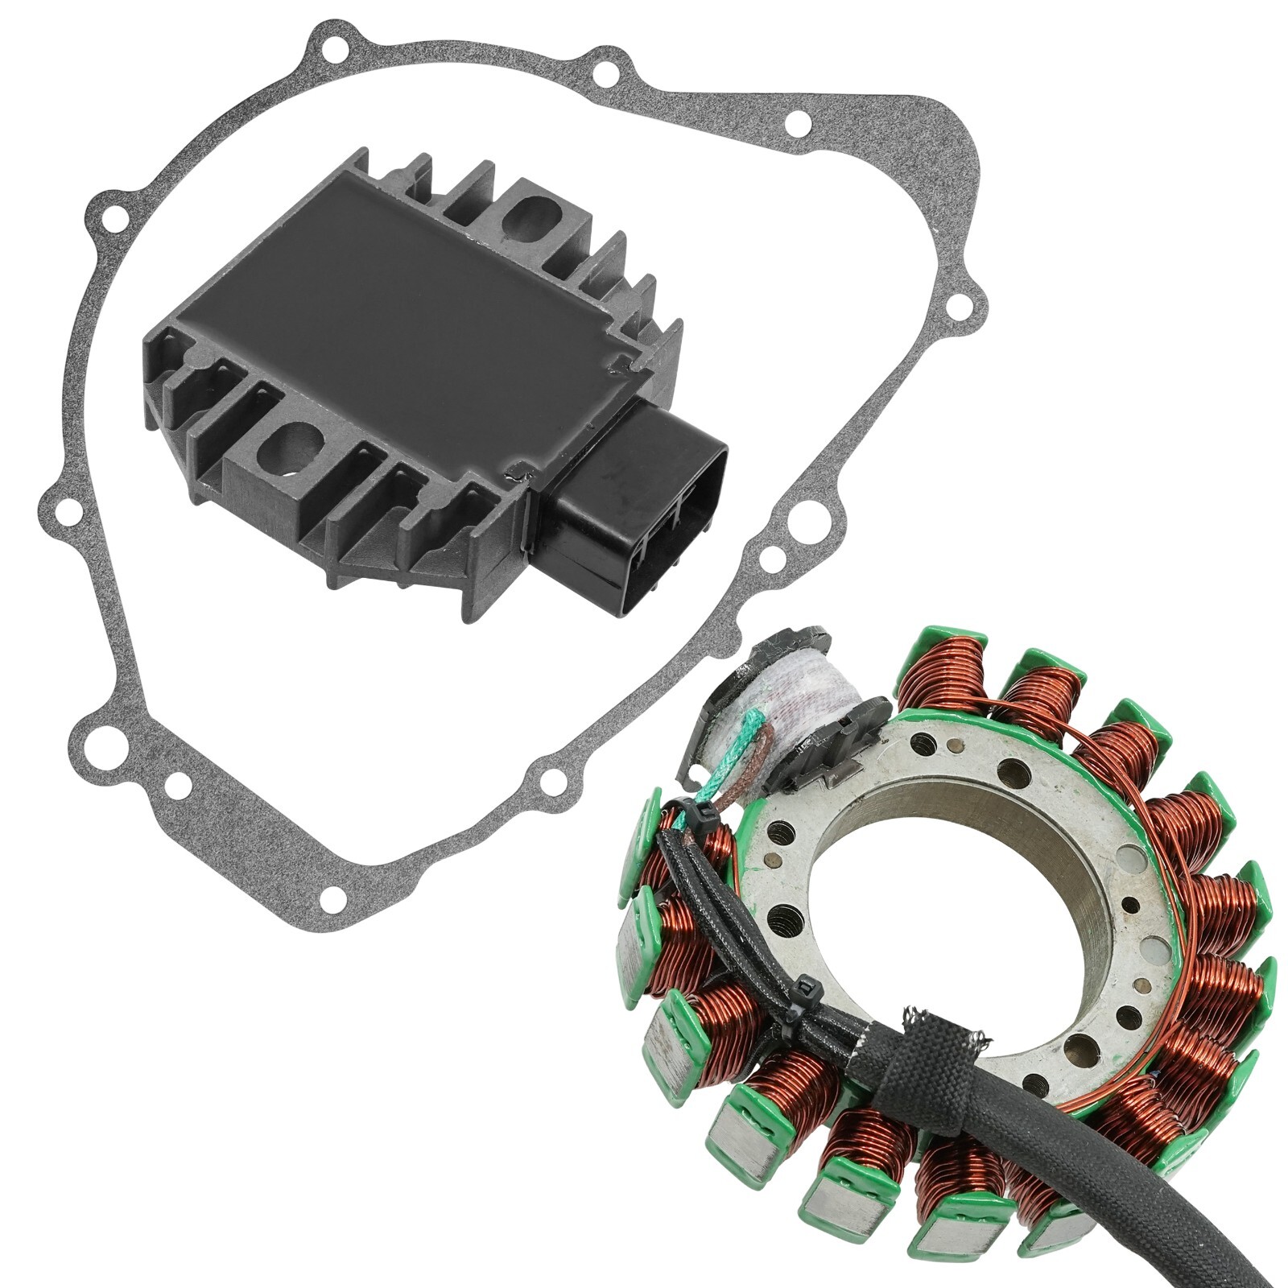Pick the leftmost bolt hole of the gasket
pos(59,509)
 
